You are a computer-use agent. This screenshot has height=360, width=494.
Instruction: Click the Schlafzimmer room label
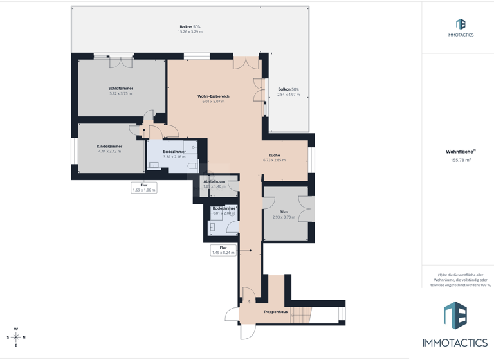tap(120, 88)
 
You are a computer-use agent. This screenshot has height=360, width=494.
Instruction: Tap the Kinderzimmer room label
tap(109, 146)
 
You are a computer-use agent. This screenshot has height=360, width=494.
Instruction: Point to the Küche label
tap(274, 155)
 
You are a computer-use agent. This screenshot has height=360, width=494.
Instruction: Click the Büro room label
tap(284, 212)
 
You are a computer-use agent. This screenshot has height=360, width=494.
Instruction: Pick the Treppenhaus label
tap(275, 312)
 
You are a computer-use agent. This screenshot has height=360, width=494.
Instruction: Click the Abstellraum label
tap(214, 181)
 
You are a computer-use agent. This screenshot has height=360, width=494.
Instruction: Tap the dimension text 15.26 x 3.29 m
tap(190, 32)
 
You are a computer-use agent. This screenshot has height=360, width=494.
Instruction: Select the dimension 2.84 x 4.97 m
tap(288, 94)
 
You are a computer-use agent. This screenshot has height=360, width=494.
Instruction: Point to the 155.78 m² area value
tap(461, 160)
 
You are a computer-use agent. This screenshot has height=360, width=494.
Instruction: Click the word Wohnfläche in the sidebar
tap(459, 152)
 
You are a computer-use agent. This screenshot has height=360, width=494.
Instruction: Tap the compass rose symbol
tap(16, 337)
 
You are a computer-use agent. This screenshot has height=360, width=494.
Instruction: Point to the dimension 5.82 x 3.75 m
tap(120, 93)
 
